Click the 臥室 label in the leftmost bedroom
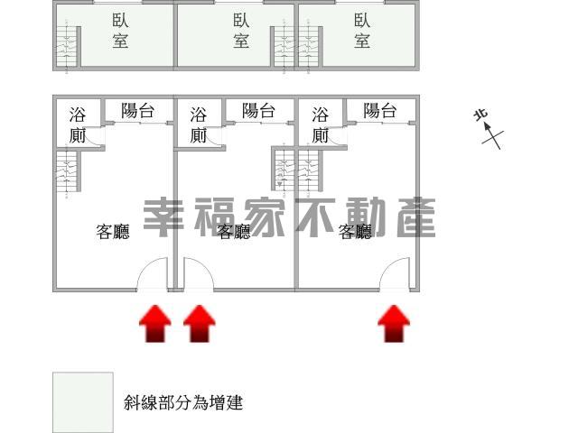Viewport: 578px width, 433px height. point(120,31)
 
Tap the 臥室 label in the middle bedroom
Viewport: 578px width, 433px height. point(241,31)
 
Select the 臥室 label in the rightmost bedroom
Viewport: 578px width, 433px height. point(362,31)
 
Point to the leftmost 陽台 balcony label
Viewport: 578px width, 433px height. point(137,110)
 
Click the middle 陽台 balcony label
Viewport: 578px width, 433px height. point(258,110)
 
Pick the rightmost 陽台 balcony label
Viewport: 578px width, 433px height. point(379,110)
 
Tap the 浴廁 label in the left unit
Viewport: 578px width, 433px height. point(78,125)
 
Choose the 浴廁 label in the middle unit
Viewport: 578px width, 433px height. point(199,125)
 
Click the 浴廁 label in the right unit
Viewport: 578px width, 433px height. point(320,125)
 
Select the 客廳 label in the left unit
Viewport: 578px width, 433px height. point(113,232)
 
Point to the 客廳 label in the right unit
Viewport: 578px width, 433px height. point(355,232)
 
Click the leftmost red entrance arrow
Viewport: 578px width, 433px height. point(155,324)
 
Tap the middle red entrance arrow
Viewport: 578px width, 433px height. point(200,324)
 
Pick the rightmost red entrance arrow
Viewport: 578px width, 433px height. point(394,324)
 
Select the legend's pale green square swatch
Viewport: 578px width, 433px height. point(83,402)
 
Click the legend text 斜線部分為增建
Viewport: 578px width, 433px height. point(183,403)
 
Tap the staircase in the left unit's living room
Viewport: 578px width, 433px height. point(67,172)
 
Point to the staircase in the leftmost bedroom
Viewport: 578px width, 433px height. point(67,46)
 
